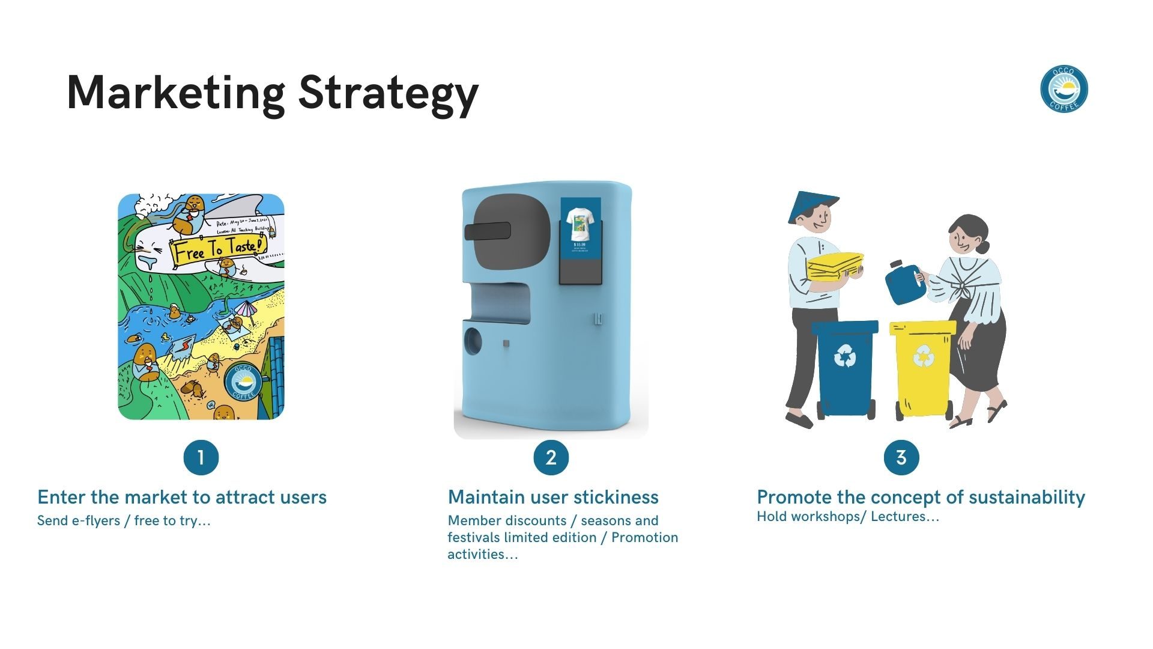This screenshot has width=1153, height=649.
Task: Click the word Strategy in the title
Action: (x=388, y=93)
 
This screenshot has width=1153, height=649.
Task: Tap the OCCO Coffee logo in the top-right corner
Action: (x=1064, y=89)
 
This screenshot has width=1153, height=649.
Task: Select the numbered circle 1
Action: (x=201, y=457)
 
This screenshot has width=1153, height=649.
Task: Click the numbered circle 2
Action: (x=551, y=457)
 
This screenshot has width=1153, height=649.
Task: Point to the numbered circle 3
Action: (x=901, y=457)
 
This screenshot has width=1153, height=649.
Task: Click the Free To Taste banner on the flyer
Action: (x=217, y=249)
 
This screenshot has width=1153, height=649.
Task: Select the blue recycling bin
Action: (x=845, y=367)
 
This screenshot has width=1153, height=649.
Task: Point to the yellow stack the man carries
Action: (x=835, y=266)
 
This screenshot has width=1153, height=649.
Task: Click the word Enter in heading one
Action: (x=61, y=497)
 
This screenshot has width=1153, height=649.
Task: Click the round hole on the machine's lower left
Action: (x=473, y=341)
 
